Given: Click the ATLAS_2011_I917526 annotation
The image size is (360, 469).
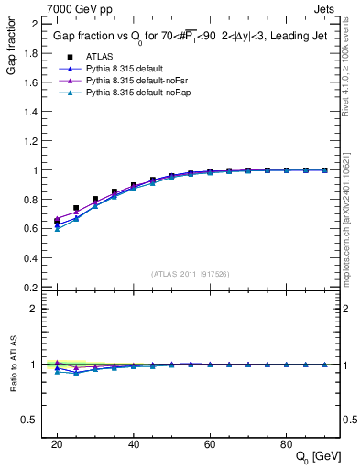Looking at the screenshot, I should pos(191,273).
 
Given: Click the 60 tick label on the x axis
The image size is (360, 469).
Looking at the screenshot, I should pos(210,442).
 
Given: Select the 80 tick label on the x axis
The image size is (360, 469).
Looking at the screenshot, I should pos(287,442).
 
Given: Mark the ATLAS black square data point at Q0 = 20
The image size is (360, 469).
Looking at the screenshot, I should pos(57,221).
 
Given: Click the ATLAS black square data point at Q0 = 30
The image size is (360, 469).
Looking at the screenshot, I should pos(95,199).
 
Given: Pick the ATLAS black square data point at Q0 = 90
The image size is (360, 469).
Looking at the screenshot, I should pos(325,170).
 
